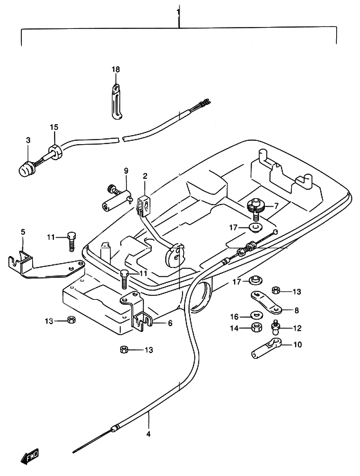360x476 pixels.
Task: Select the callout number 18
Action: click(116, 69)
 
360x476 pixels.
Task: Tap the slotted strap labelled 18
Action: click(116, 102)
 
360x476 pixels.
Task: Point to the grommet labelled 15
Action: click(55, 151)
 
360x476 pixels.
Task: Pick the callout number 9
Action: click(126, 170)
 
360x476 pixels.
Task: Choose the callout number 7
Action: click(276, 206)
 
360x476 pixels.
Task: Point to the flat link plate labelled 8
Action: click(266, 302)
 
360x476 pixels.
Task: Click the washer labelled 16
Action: click(256, 316)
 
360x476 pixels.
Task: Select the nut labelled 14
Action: click(256, 327)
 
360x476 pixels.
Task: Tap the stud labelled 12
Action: click(275, 325)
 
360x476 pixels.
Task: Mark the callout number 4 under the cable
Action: click(148, 434)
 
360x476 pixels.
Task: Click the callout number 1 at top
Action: click(179, 12)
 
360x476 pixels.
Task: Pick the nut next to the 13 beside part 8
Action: click(276, 290)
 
